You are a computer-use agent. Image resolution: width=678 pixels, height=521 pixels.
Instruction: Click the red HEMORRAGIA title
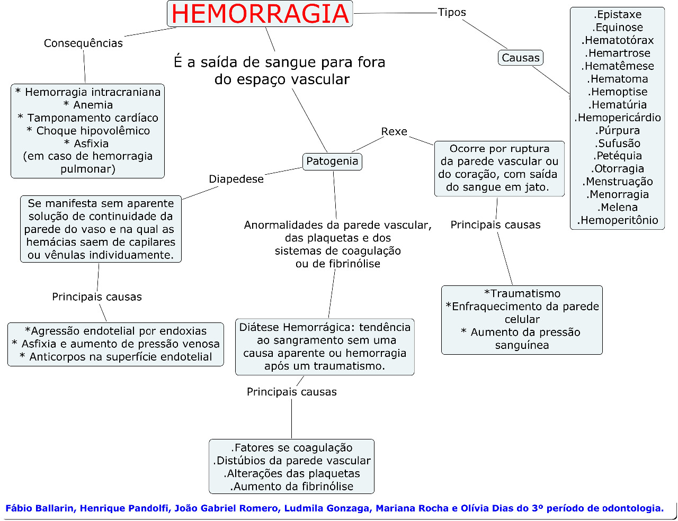260,14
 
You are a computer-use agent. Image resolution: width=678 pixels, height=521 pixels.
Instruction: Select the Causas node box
521,58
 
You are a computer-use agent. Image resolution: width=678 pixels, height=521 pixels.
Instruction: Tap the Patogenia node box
332,161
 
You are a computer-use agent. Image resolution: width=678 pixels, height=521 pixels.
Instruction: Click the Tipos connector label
452,12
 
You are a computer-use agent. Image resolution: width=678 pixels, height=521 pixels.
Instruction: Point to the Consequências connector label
83,43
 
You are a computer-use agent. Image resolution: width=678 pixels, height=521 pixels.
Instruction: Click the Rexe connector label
394,132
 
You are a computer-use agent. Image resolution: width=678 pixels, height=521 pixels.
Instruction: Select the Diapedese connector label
236,179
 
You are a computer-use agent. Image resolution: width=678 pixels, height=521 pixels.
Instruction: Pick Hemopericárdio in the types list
618,118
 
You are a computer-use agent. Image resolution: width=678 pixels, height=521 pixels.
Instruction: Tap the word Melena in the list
618,208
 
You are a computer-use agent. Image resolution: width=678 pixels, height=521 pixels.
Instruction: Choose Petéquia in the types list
618,156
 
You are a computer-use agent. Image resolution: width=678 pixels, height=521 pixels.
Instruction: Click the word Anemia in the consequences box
93,105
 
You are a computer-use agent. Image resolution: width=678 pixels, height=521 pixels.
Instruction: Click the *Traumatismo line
522,293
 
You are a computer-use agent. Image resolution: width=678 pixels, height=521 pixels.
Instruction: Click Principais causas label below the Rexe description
495,225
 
